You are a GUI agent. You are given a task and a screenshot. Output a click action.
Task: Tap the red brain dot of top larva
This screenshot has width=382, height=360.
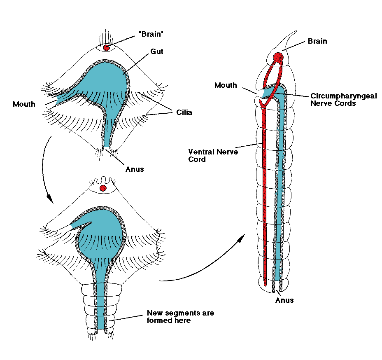coord(106,48)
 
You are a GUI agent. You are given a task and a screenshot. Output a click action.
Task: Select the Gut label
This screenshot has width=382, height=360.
coord(157,51)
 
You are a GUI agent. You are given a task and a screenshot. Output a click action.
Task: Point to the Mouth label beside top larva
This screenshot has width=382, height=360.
coord(24,104)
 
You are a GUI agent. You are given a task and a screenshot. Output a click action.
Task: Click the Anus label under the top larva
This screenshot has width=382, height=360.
coord(135,169)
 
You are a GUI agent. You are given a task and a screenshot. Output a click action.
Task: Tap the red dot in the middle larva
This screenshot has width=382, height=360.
coord(103,188)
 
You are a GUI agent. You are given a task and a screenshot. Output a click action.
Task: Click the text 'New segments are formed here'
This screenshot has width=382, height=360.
coord(180,316)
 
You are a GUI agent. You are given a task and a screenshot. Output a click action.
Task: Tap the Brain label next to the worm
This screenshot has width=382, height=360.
coord(317,41)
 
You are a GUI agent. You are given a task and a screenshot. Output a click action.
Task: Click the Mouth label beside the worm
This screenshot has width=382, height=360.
coord(226,85)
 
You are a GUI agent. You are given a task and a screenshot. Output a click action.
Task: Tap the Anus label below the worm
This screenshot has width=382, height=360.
coord(284,300)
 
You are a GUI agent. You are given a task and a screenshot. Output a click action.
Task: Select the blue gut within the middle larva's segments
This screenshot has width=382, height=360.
coord(102,305)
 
